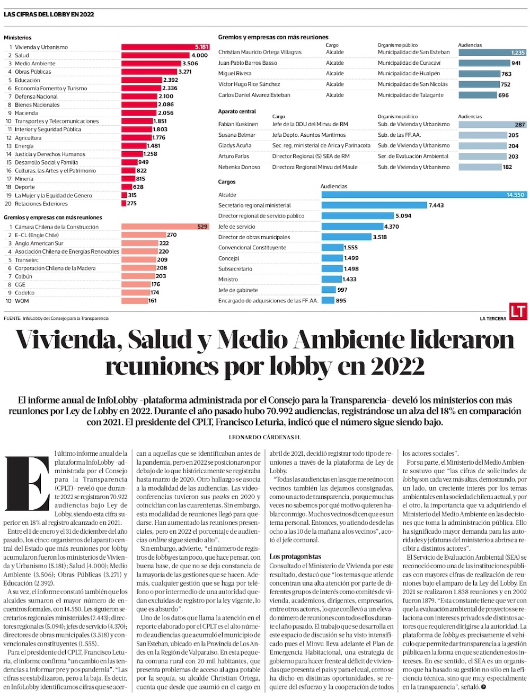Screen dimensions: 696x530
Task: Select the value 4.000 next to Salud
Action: pos(200,55)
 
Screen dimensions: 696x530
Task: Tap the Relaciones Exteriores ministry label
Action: pos(41,204)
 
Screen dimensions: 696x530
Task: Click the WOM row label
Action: pos(22,301)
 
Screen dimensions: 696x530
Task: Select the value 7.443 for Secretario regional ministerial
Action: pos(436,205)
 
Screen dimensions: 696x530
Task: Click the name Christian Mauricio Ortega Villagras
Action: pos(260,53)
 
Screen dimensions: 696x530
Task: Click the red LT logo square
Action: pos(518,311)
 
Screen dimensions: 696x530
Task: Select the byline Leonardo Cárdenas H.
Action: pos(264,437)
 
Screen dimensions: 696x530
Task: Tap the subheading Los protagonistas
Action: pos(295,556)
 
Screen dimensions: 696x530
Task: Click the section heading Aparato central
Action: pos(237,111)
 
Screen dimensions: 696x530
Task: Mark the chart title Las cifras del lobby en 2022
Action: pos(49,14)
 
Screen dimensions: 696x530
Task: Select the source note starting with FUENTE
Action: pos(56,318)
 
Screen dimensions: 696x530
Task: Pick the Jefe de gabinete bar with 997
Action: pos(329,290)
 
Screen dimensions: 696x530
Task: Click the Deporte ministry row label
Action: pos(25,187)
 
